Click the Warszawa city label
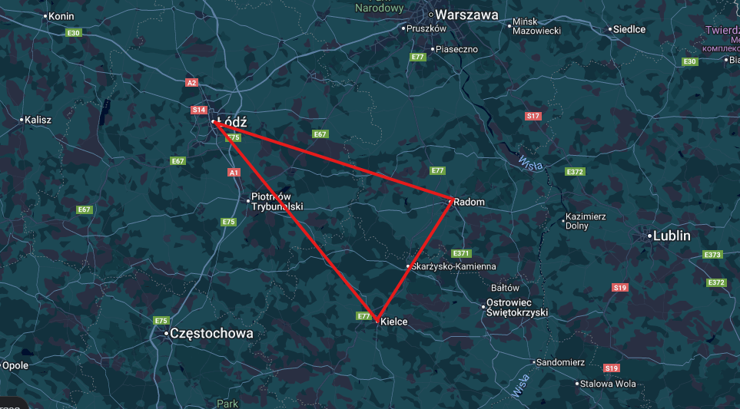(466, 15)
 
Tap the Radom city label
(470, 202)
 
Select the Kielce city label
(393, 322)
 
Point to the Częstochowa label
(211, 334)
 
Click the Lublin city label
(672, 236)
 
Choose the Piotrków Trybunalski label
(277, 202)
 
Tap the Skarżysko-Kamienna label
(453, 266)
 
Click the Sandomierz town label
(561, 361)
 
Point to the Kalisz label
(38, 120)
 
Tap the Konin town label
(61, 15)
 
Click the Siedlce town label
(629, 29)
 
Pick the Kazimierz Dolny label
(585, 221)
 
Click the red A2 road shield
(191, 82)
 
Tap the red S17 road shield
(533, 116)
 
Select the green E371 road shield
(461, 253)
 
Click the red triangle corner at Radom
(450, 201)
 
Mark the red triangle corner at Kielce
(376, 318)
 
